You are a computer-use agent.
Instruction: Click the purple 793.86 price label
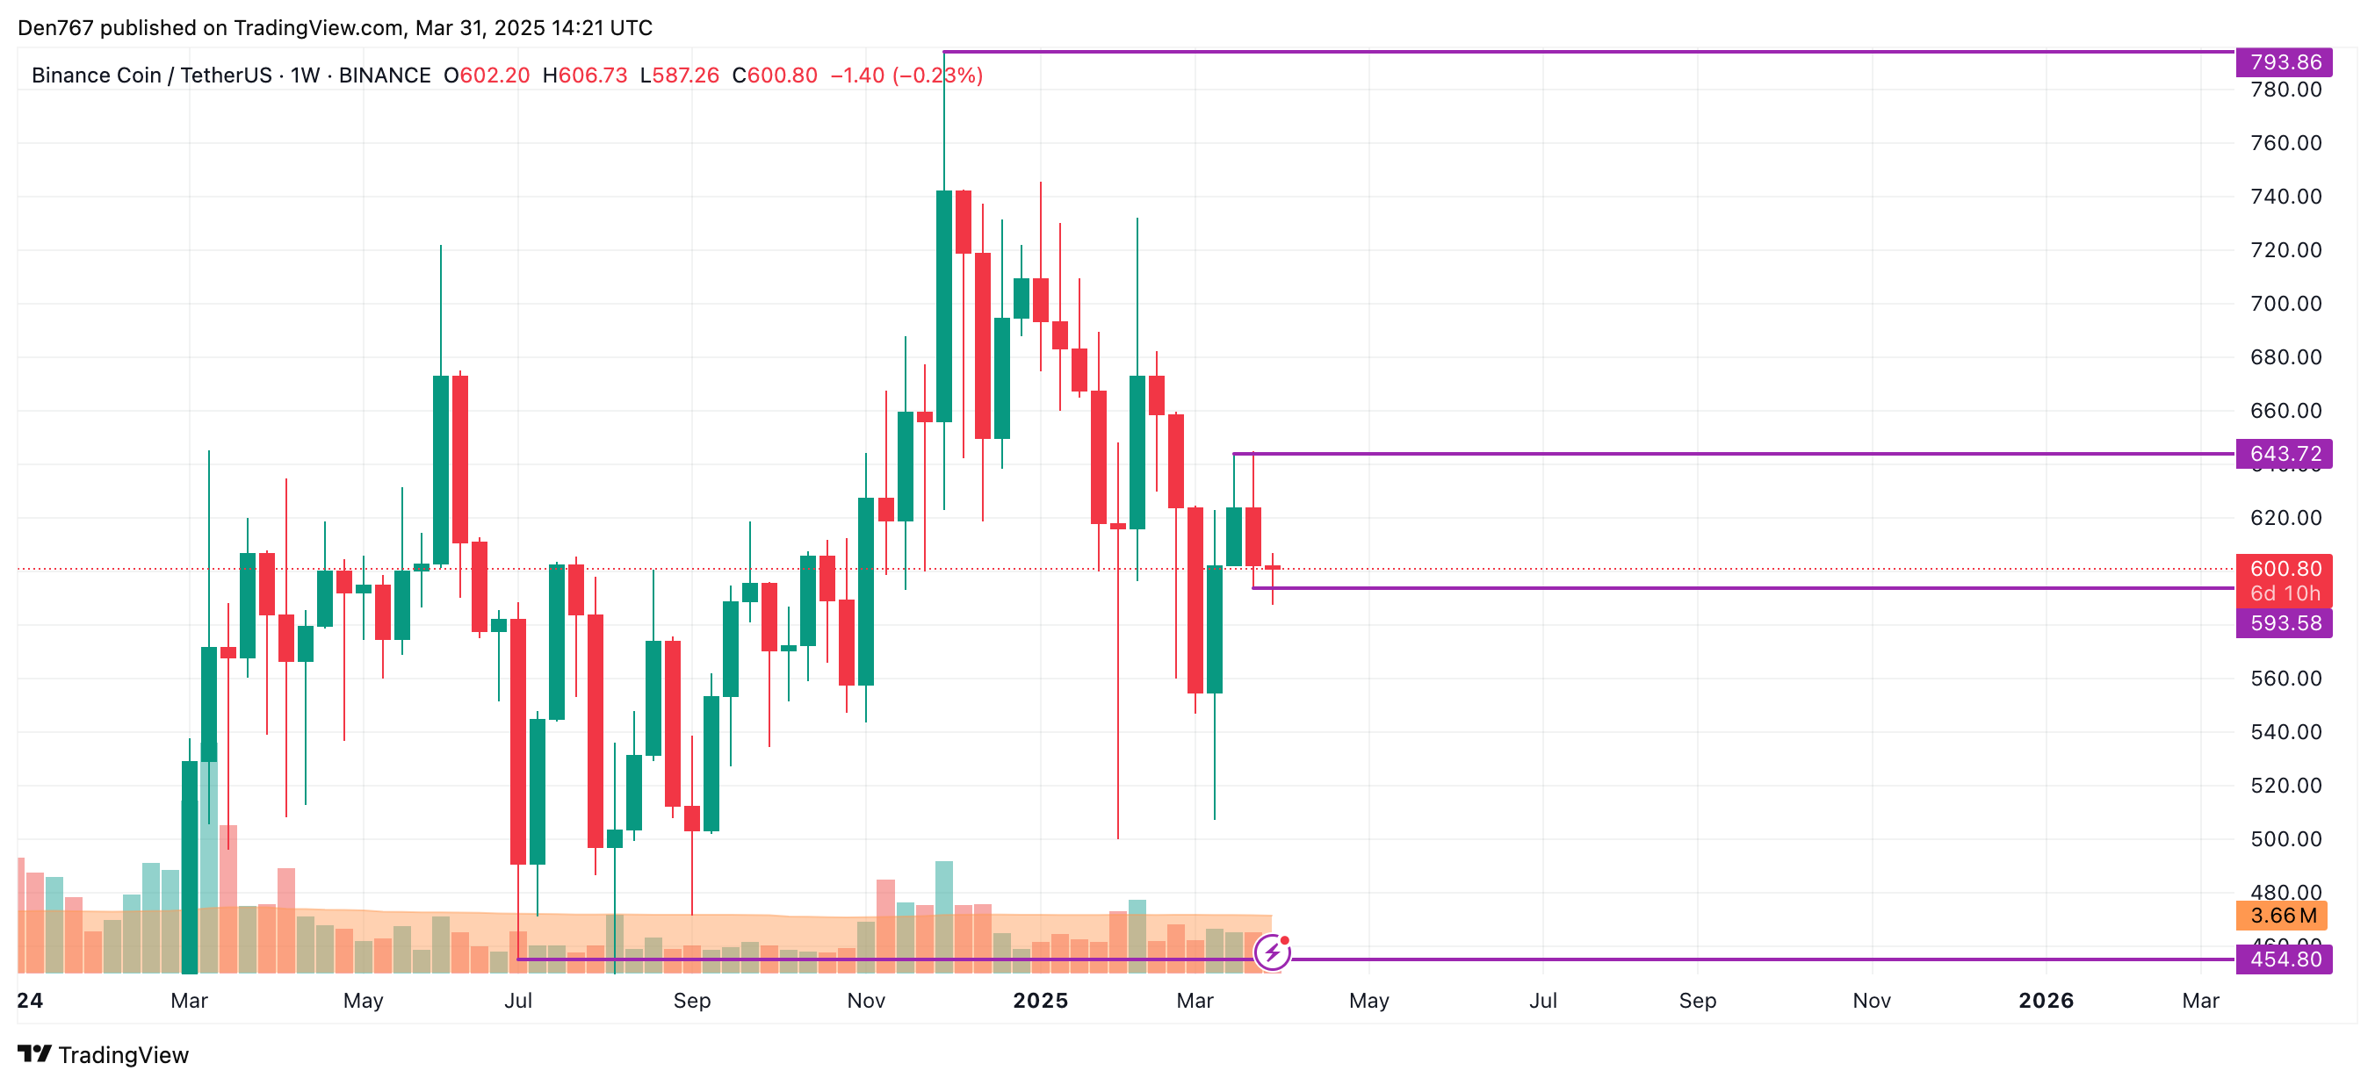point(2283,61)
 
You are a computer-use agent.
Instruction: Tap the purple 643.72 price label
point(2283,454)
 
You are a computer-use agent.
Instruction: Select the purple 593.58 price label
point(2283,623)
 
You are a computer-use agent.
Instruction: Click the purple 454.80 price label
point(2283,959)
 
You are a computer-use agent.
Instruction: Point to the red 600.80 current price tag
point(2283,569)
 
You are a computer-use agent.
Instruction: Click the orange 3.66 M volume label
point(2281,916)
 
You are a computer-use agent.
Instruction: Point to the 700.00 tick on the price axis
point(2285,303)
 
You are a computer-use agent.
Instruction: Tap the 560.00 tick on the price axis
point(2285,679)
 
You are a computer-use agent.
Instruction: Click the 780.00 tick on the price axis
point(2285,90)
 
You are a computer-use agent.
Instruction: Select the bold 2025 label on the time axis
point(1040,1001)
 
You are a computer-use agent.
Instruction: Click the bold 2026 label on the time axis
point(2045,1001)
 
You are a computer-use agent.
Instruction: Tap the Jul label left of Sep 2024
point(518,1001)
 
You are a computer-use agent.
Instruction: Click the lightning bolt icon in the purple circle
point(1273,952)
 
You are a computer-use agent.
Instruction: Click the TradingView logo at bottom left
point(104,1054)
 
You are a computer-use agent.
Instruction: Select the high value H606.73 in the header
point(585,75)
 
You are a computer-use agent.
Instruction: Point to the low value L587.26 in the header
point(680,75)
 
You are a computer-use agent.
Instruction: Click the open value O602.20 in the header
point(487,75)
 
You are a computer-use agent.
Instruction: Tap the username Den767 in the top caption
point(55,28)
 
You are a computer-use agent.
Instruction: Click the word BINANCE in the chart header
point(385,75)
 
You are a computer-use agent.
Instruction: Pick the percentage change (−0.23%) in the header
point(936,75)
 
